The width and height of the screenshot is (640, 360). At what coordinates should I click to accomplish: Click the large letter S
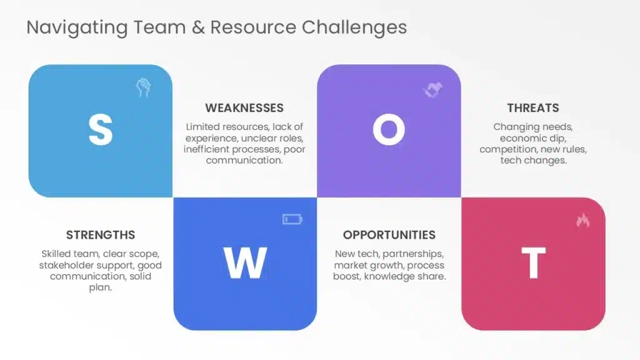point(101,129)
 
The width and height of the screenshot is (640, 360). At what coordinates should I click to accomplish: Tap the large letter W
point(245,262)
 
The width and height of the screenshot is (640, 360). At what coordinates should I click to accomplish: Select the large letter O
point(389,129)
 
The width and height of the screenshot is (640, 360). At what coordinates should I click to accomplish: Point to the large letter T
point(534,262)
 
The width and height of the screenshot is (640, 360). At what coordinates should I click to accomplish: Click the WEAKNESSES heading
point(244,107)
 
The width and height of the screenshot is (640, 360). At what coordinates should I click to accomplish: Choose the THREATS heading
point(533,107)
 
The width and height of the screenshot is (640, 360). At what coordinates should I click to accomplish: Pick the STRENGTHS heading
point(101,235)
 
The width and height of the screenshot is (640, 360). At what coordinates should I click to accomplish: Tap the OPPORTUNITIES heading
point(389,235)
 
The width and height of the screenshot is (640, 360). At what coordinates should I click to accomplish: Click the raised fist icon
point(143,87)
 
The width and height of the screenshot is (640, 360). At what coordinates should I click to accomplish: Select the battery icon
point(292,219)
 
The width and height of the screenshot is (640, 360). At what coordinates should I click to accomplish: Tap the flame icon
point(583,220)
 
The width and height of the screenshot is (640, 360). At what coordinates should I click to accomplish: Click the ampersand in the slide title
point(198,27)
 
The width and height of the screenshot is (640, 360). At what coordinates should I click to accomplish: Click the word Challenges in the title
point(354,27)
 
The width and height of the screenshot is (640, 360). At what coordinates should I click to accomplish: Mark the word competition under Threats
point(508,149)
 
